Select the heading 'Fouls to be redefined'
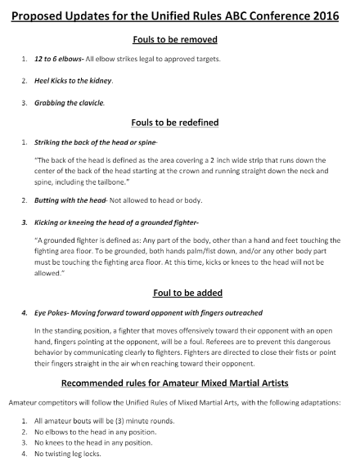coord(179,123)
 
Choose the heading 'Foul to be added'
coord(179,293)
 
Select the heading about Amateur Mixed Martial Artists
coord(179,383)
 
